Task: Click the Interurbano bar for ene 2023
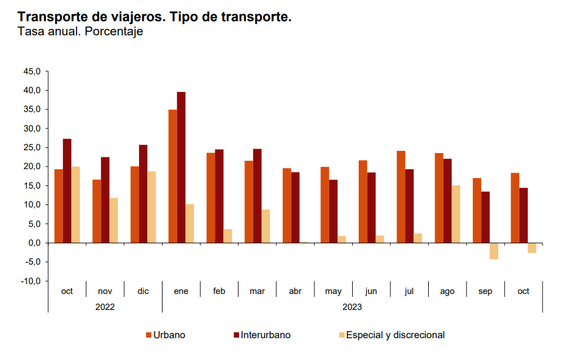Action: click(x=181, y=167)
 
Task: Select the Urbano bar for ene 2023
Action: click(x=173, y=176)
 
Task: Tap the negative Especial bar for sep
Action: click(x=494, y=251)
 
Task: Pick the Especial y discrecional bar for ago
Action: click(x=456, y=214)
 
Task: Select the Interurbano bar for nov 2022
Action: click(x=105, y=200)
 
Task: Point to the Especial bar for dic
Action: click(x=152, y=207)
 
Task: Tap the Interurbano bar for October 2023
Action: click(x=523, y=215)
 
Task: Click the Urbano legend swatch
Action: click(x=149, y=335)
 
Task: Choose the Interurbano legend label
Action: click(x=266, y=335)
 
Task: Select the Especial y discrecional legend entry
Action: click(x=395, y=335)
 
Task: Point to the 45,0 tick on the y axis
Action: click(x=31, y=71)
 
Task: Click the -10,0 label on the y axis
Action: click(x=30, y=281)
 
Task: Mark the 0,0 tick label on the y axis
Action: click(x=33, y=243)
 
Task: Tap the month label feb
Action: click(x=219, y=291)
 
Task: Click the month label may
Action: click(x=333, y=291)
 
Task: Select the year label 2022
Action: click(x=105, y=306)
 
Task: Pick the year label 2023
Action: click(x=352, y=306)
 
